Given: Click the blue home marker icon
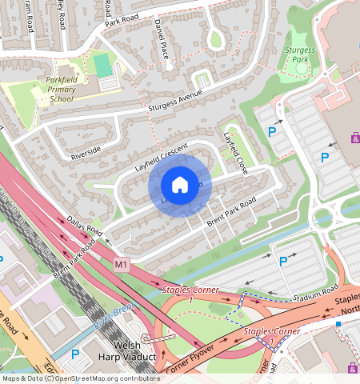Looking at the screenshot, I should pos(180,186).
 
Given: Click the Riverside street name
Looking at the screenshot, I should pos(86,150).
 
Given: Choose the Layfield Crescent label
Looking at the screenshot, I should pos(160,158).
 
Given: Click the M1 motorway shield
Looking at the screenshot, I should pos(122,264).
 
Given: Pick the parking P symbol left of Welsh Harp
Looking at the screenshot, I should pos(76,354).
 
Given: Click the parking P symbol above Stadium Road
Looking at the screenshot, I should pos(282,262).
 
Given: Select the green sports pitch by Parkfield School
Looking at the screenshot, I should pos(102,62).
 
